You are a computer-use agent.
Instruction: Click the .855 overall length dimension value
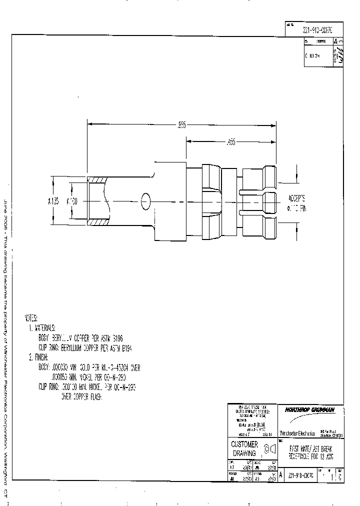click(181, 125)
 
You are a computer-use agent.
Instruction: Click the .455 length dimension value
click(231, 142)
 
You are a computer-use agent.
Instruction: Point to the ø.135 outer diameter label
click(53, 201)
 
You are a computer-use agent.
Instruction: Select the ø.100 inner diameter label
click(73, 201)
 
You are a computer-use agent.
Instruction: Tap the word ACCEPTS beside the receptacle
click(298, 197)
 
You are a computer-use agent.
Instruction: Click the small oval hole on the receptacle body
click(146, 201)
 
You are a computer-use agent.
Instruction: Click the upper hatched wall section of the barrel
click(97, 179)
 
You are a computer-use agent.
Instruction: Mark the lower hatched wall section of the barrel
click(97, 222)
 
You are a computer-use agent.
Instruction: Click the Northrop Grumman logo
click(309, 409)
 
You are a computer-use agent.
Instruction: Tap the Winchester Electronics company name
click(297, 433)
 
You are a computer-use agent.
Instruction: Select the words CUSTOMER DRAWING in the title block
click(244, 448)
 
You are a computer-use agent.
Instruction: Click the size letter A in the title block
click(280, 475)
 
